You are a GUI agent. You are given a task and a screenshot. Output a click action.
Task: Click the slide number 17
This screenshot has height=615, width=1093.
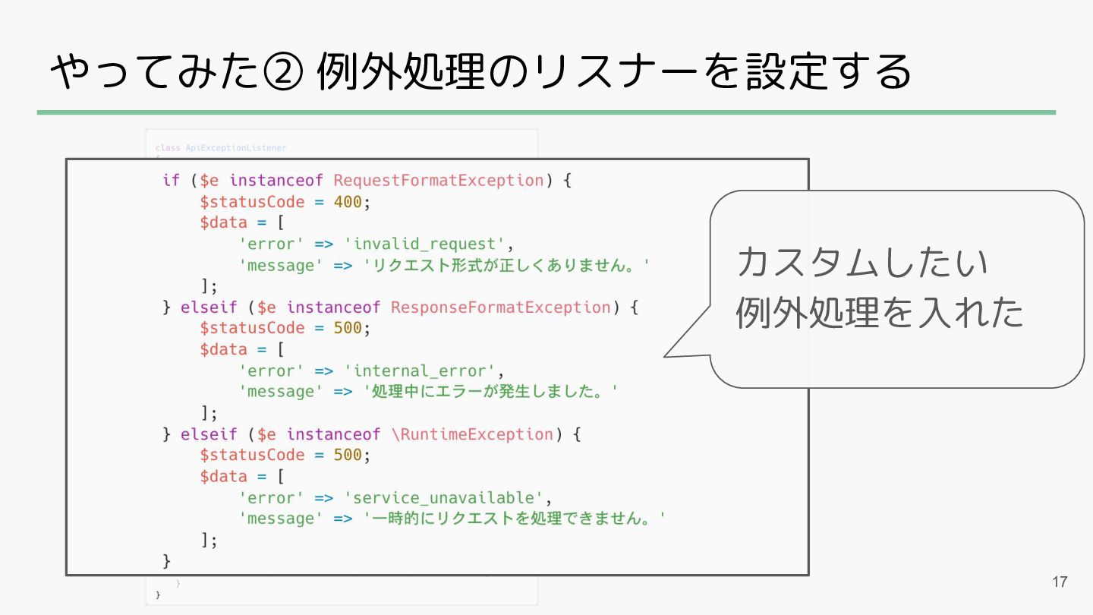click(1060, 582)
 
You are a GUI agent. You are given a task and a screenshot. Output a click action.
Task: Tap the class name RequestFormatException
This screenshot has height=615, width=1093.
click(438, 181)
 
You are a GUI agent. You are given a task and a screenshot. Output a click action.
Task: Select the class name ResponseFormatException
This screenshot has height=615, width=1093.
click(500, 307)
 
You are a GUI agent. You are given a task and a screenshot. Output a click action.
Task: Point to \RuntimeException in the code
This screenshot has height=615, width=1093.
click(472, 434)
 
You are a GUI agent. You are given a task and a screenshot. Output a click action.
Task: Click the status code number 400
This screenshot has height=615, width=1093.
click(348, 202)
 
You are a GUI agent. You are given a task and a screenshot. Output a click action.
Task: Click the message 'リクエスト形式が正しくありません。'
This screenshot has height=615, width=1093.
click(508, 266)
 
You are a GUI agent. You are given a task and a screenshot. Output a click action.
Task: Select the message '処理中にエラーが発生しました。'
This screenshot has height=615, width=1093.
click(491, 393)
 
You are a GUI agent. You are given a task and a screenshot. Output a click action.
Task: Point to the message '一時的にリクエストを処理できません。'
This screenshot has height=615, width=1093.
click(515, 519)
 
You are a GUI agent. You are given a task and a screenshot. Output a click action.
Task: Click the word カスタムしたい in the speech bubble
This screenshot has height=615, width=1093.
click(862, 263)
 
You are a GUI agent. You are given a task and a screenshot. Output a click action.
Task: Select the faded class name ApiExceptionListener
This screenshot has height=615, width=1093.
click(236, 147)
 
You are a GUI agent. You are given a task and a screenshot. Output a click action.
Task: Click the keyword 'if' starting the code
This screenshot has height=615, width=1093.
click(171, 181)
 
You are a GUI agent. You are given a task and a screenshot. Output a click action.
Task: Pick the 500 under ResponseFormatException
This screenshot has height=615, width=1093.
click(348, 329)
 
